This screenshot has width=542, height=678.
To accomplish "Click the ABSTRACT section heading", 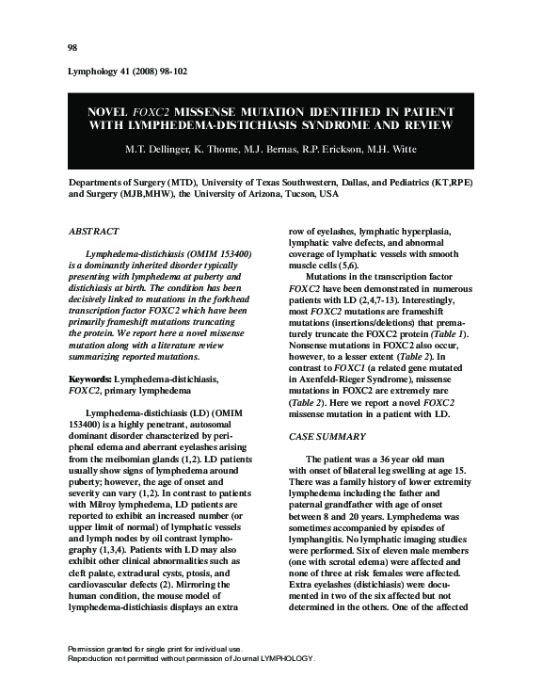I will coord(96,230).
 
